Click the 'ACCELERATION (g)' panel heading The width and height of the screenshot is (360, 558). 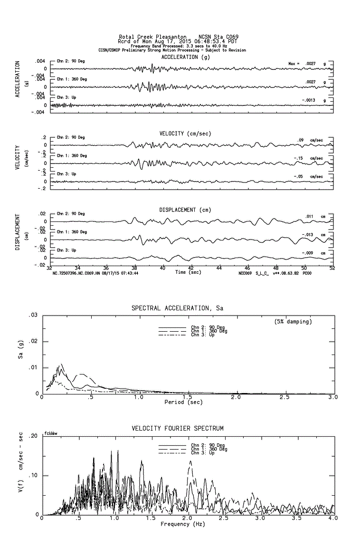[185, 57]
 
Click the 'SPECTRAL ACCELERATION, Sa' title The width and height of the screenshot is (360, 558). [177, 308]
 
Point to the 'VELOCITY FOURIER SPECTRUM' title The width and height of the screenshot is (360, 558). [177, 429]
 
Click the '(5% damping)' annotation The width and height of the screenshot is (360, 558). [293, 322]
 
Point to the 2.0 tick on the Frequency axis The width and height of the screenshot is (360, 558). [188, 519]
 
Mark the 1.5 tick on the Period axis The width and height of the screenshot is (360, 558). [188, 397]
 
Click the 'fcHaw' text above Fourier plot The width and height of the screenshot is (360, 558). [51, 433]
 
